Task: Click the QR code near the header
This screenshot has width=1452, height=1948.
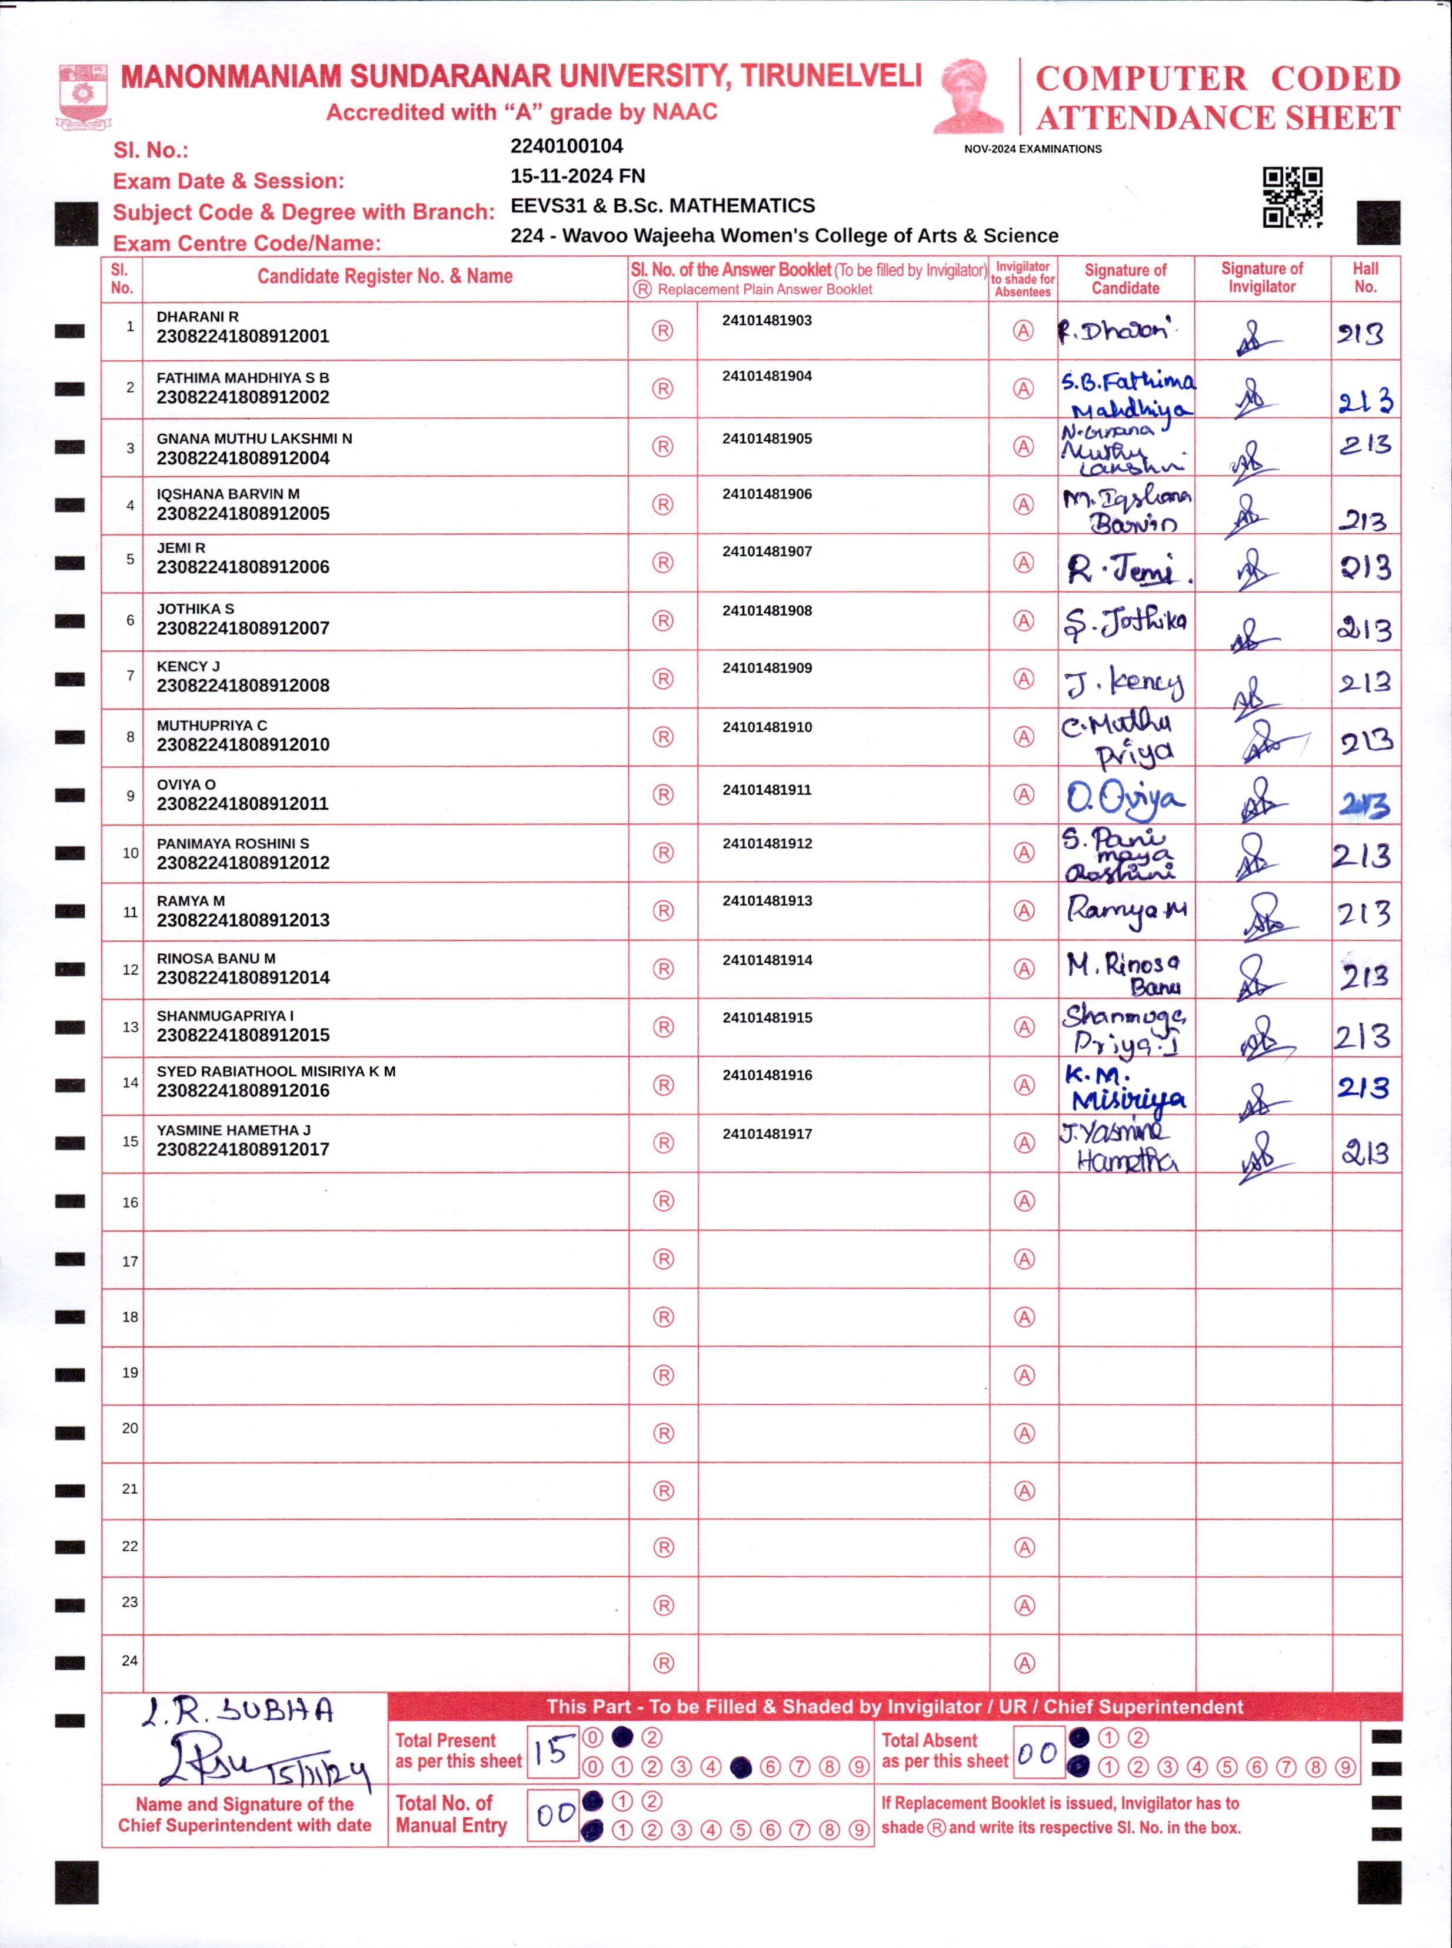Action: pos(1292,197)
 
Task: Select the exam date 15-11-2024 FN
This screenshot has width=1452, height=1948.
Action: pos(578,176)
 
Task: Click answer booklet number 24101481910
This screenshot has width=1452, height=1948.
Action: pos(767,727)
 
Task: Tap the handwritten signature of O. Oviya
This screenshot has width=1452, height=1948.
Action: pos(1124,797)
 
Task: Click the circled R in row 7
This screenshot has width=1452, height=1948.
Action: pos(662,679)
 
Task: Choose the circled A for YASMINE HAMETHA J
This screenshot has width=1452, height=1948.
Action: pos(1024,1143)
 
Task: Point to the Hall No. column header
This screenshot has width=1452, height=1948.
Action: pos(1365,278)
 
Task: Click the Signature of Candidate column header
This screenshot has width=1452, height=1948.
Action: pos(1125,278)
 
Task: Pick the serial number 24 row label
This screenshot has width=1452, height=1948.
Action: pos(129,1661)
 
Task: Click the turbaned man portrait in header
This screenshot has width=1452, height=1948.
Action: pos(968,96)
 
